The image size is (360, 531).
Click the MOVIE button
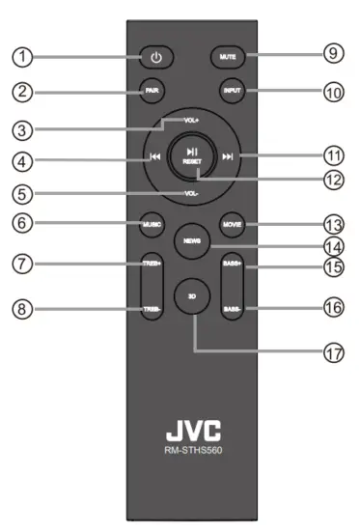(232, 223)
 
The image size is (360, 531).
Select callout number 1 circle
(20, 56)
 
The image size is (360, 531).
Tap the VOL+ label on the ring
(193, 122)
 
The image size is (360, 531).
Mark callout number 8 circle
(20, 309)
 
